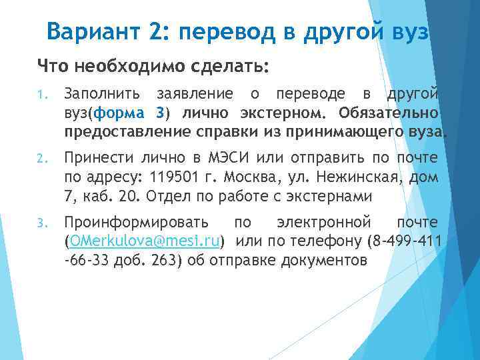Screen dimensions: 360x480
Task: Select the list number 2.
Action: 41,159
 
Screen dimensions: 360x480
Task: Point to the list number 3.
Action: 41,222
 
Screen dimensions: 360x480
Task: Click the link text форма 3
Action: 131,111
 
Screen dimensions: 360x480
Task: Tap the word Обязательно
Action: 388,111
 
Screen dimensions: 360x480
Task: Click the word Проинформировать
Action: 135,221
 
